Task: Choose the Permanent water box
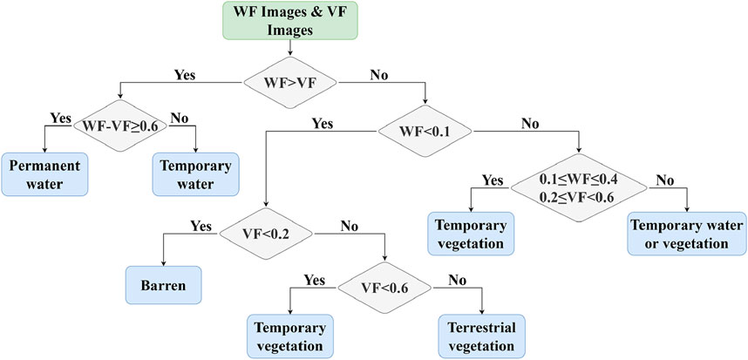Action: tap(45, 173)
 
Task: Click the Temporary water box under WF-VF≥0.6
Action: tap(195, 173)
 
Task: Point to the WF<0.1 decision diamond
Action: tap(424, 131)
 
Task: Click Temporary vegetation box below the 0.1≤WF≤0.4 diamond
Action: tap(471, 234)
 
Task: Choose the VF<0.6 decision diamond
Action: tap(384, 284)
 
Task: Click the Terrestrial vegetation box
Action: tap(482, 335)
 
